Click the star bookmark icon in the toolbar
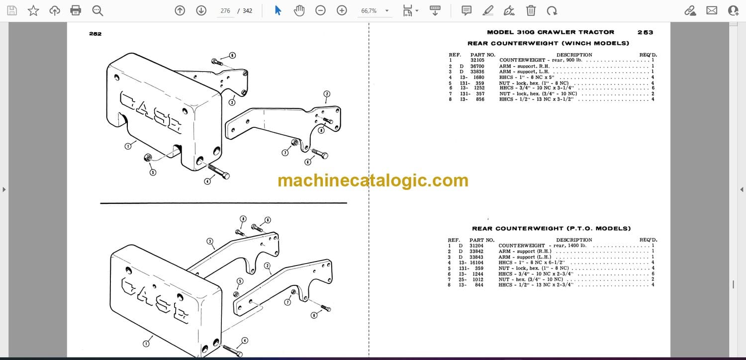[33, 10]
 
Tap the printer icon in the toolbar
[76, 10]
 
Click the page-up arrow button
[180, 10]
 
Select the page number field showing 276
[225, 10]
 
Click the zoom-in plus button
[342, 10]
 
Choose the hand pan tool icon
[299, 10]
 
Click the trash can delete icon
[531, 10]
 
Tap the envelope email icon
[712, 10]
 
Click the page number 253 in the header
[645, 32]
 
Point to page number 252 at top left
[95, 34]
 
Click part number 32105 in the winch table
[477, 60]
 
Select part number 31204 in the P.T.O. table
[476, 246]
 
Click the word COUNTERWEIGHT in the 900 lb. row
[522, 60]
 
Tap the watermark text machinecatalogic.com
[373, 180]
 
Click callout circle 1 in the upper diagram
[128, 146]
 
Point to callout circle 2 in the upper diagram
[327, 94]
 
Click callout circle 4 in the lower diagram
[245, 340]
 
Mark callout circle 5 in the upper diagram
[153, 172]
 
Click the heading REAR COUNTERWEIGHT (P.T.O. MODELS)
[552, 228]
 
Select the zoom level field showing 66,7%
[369, 10]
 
